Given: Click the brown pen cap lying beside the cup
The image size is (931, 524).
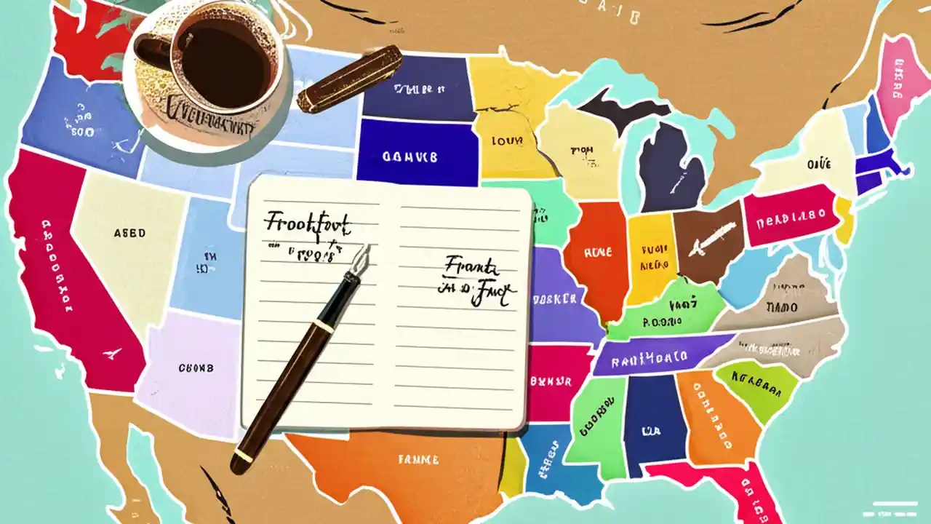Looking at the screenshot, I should [350, 79].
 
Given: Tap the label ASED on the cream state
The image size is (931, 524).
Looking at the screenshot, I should [129, 234].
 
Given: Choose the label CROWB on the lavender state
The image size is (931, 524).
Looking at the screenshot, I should [196, 368].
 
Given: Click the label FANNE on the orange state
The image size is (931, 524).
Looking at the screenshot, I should [418, 460].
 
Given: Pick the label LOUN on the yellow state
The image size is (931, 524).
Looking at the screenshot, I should [507, 140].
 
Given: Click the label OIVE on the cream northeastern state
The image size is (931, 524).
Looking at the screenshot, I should [818, 165].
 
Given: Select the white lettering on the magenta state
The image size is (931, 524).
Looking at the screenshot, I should [790, 216].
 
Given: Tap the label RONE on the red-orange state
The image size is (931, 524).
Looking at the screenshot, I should [598, 253].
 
